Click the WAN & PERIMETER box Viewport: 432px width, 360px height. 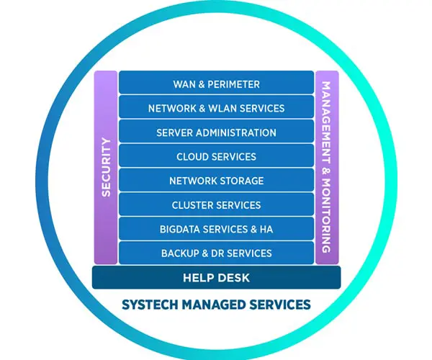point(216,84)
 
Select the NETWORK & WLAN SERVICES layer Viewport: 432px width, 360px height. point(216,108)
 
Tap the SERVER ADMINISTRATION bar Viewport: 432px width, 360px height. point(216,132)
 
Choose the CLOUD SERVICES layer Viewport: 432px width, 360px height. point(216,156)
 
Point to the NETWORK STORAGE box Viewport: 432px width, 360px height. point(216,181)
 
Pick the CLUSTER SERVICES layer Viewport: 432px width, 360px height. point(216,205)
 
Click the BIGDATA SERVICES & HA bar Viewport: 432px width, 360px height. point(216,229)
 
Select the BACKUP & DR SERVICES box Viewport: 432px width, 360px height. point(216,253)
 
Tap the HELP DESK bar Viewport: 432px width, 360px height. point(216,277)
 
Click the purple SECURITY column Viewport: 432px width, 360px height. point(106,167)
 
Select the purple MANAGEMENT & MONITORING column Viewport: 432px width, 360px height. point(326,167)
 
